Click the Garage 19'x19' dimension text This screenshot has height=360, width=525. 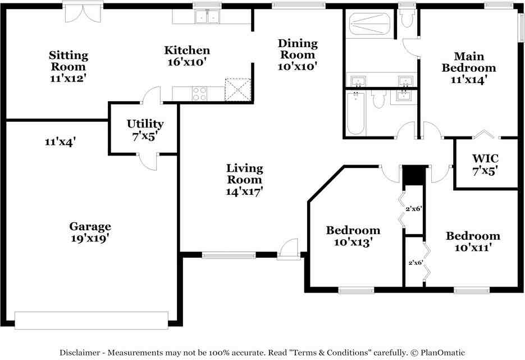tap(90, 239)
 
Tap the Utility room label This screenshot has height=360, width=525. tap(145, 124)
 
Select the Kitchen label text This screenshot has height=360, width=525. tap(187, 50)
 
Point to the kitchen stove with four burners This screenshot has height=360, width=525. tap(199, 93)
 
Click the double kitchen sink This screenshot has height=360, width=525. tap(208, 16)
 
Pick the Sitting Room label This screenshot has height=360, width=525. tap(69, 61)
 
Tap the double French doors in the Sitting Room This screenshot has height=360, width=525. tap(83, 13)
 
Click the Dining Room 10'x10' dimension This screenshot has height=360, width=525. tap(298, 66)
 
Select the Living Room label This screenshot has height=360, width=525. tap(245, 174)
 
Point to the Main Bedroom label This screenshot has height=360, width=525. tap(469, 62)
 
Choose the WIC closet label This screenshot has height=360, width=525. tap(485, 158)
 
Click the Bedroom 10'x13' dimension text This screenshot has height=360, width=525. tap(353, 242)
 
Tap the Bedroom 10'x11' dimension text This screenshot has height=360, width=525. tap(473, 248)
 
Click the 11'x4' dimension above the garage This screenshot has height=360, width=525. tap(60, 142)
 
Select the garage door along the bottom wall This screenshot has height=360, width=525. tap(92, 321)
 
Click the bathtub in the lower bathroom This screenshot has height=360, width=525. tap(355, 113)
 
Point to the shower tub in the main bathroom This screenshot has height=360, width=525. tap(370, 24)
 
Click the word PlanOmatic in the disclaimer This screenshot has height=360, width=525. tap(442, 352)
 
